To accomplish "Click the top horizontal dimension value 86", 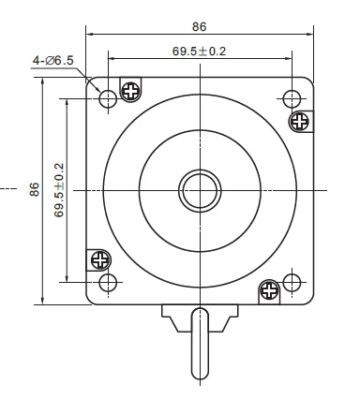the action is click(200, 27).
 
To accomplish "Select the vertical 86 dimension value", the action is click(35, 189).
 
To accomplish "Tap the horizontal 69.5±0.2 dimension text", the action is click(199, 52).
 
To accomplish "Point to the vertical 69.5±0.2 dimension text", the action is click(59, 190).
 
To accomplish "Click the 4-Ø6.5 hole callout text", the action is click(53, 60).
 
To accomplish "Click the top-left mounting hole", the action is click(108, 99).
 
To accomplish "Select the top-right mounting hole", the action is click(292, 99).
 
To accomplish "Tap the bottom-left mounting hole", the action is click(108, 283).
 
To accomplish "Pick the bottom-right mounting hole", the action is click(292, 283).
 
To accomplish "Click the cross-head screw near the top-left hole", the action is click(130, 92).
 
